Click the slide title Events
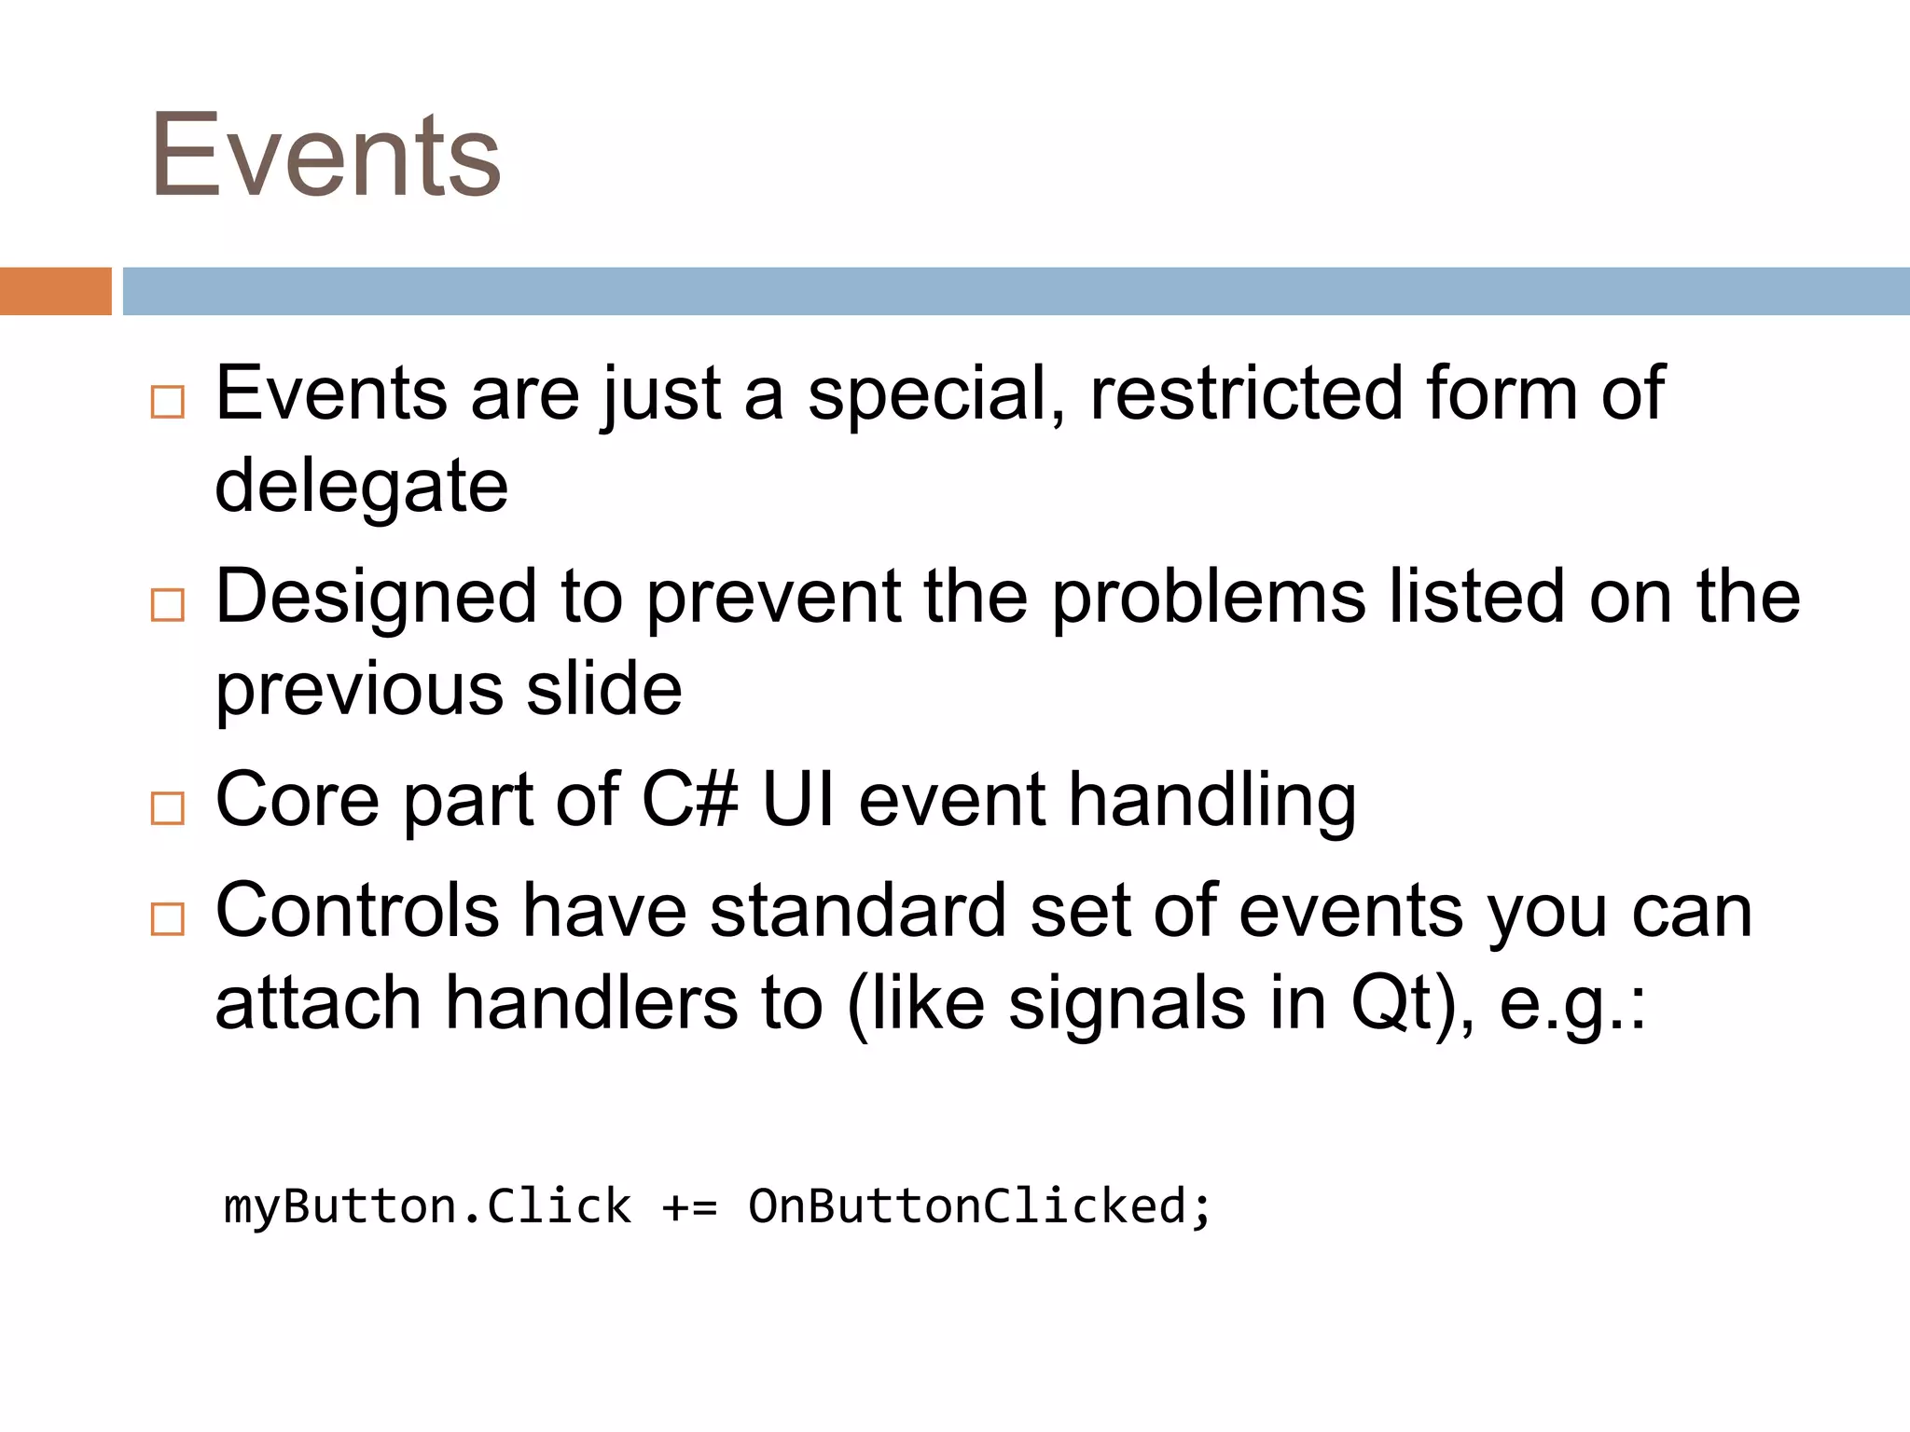coord(326,157)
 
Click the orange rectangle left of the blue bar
coord(55,291)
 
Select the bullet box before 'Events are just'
coord(168,402)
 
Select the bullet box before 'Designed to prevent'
coord(168,605)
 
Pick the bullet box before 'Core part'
coord(168,808)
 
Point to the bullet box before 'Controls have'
coord(168,919)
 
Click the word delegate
coord(362,487)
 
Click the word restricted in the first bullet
coord(1246,393)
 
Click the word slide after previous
coord(604,689)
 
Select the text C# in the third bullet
coord(690,800)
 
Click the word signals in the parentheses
coord(1127,1005)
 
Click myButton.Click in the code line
coord(427,1206)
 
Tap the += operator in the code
coord(689,1207)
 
